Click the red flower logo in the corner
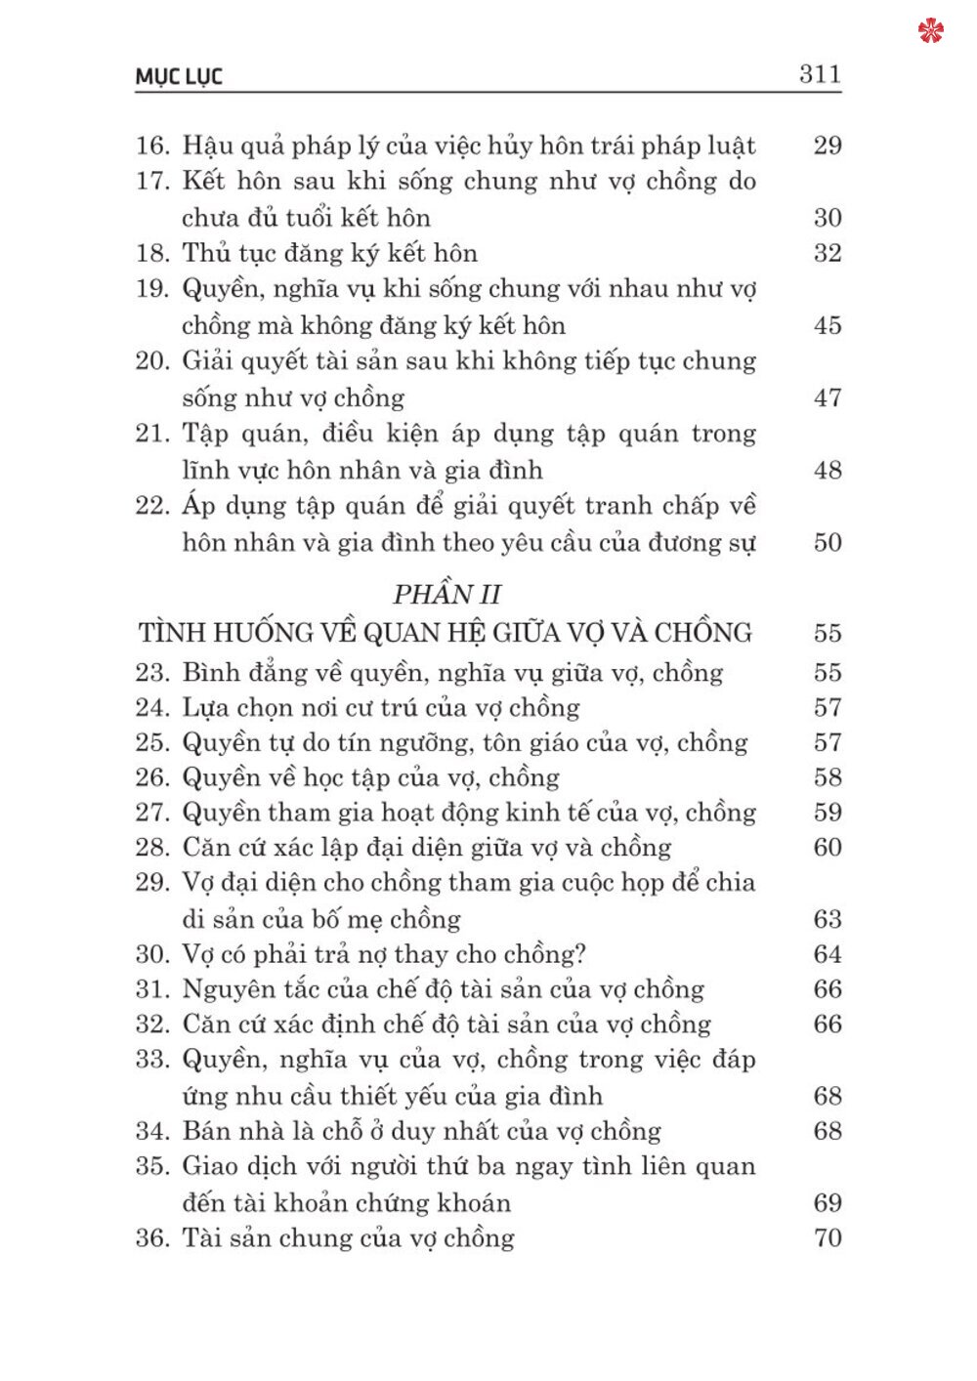coord(931,30)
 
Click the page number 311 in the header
coord(820,74)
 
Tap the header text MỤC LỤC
coord(179,77)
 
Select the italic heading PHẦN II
coord(446,594)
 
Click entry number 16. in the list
coord(153,146)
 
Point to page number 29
coord(827,146)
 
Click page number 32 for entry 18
coord(827,254)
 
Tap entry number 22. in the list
coord(153,506)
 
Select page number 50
coord(827,543)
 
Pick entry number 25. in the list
coord(153,743)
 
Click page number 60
coord(827,848)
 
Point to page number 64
coord(827,954)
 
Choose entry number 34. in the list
coord(153,1132)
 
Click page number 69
coord(827,1203)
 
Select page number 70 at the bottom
coord(827,1238)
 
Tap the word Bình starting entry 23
coord(211,673)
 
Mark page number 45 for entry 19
coord(827,326)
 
